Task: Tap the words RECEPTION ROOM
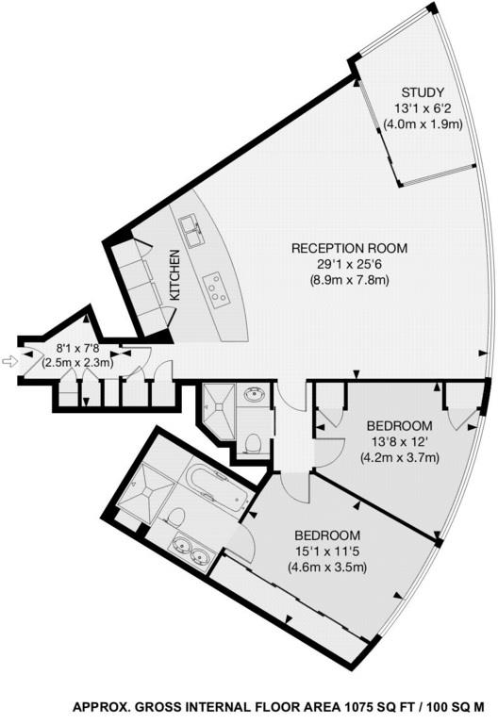pos(349,249)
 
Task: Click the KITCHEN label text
pos(174,276)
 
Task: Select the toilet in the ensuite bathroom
pos(174,516)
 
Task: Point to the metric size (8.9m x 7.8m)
pos(349,281)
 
